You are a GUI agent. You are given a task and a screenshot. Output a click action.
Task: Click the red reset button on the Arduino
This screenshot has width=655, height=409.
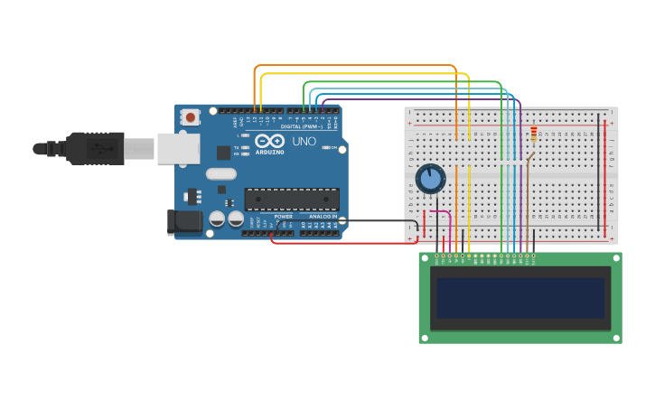coord(191,117)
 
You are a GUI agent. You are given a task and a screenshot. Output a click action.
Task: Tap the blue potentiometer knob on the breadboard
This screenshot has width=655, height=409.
coord(430,179)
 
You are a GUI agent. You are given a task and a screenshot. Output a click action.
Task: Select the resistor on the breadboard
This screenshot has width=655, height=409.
coord(534,135)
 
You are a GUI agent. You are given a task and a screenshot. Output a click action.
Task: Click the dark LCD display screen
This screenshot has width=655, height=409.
coord(520,297)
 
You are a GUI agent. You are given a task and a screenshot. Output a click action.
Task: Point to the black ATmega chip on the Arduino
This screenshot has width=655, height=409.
coord(292,200)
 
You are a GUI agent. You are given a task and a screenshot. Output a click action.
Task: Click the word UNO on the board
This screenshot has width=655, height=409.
coord(304,142)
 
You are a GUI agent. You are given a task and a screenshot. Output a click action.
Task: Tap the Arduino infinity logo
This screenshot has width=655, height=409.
coord(269,141)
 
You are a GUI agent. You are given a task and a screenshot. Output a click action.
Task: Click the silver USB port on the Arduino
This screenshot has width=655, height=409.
coord(178,149)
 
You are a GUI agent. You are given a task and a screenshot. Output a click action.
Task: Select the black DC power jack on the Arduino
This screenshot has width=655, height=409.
coord(187,221)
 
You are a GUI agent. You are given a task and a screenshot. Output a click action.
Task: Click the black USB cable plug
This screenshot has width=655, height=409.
coord(95,148)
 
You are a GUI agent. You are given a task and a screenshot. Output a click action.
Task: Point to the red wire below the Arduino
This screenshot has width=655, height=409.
coord(343,243)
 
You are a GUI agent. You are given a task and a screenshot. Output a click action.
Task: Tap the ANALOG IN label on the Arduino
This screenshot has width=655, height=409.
coord(322,217)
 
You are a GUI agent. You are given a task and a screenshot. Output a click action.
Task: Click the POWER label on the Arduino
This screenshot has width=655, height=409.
coord(283,217)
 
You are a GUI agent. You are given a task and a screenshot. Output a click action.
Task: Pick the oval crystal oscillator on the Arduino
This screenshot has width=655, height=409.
coord(220,174)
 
